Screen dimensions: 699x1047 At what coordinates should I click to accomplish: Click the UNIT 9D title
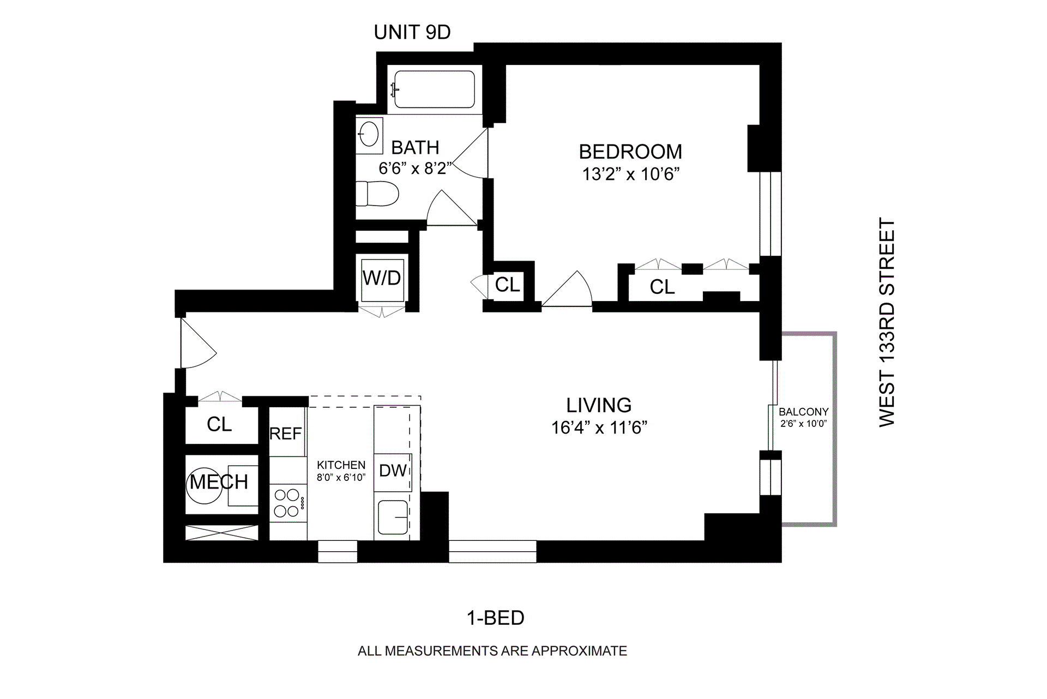[x=412, y=33]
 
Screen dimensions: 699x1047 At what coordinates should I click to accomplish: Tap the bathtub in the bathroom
[x=434, y=89]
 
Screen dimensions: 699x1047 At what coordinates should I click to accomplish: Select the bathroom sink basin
[x=369, y=133]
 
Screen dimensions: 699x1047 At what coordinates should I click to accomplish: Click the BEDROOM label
[x=630, y=152]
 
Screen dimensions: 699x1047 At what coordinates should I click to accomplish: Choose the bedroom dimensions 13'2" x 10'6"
[x=630, y=174]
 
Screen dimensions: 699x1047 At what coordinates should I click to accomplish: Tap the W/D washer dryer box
[x=382, y=278]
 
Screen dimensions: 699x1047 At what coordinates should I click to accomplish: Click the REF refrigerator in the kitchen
[x=286, y=433]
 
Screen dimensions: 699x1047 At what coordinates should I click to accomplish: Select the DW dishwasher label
[x=393, y=471]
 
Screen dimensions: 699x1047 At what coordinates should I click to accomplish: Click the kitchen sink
[x=393, y=517]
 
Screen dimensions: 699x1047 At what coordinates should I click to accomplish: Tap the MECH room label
[x=219, y=482]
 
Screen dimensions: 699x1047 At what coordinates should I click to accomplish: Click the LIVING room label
[x=599, y=405]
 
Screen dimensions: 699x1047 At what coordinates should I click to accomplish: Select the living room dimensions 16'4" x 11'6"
[x=599, y=427]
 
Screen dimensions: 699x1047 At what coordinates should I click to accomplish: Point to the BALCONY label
[x=803, y=412]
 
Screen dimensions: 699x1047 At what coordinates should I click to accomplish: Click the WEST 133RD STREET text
[x=887, y=323]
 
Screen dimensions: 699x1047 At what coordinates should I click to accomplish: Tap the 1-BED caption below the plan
[x=495, y=618]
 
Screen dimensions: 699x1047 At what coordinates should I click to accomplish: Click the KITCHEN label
[x=341, y=465]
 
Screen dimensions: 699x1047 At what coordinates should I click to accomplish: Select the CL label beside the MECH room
[x=219, y=424]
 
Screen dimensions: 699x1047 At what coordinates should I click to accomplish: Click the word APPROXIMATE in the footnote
[x=579, y=651]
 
